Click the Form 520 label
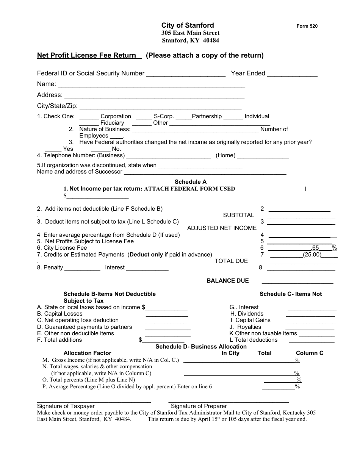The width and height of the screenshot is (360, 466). tap(307, 26)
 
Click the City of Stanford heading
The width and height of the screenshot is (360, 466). tap(188, 25)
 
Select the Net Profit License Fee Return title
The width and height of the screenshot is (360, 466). tap(86, 55)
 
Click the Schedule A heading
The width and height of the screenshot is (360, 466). tap(191, 182)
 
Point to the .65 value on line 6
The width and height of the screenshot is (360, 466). tap(315, 248)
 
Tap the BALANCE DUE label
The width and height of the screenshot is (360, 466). tap(227, 281)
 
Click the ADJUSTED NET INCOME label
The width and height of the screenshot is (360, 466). tap(222, 228)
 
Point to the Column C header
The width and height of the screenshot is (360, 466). tap(310, 353)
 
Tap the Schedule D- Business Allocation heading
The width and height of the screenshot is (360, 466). tap(201, 347)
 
